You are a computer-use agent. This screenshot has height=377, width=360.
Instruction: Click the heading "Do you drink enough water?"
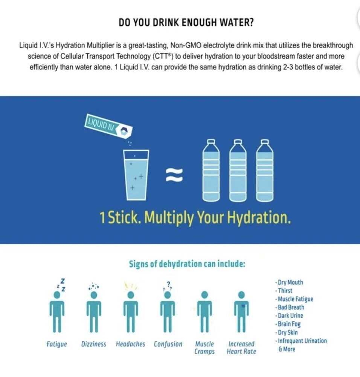click(x=186, y=22)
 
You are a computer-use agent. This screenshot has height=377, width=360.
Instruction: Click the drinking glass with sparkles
click(x=136, y=175)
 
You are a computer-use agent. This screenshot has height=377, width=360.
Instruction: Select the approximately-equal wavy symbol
click(x=174, y=175)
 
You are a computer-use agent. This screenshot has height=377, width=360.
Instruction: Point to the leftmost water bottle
click(x=211, y=170)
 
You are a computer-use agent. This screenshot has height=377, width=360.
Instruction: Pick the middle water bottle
click(x=238, y=170)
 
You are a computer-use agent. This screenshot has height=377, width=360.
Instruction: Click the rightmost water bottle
click(x=265, y=170)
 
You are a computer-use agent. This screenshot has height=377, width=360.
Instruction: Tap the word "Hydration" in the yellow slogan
click(x=259, y=218)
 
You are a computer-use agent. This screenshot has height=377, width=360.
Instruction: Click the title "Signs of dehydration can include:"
click(x=187, y=264)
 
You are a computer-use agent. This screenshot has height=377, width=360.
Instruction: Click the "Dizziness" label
click(x=94, y=344)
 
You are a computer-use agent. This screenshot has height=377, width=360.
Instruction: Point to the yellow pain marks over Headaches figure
click(x=131, y=286)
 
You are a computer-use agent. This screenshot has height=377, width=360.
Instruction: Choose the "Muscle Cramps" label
click(x=204, y=348)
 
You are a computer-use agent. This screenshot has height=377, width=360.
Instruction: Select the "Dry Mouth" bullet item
click(x=289, y=282)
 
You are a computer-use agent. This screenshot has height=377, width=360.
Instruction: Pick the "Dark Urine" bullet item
click(x=289, y=316)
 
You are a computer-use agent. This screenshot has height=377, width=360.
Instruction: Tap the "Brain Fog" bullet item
click(x=288, y=324)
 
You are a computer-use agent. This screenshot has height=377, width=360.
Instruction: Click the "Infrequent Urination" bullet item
click(x=301, y=341)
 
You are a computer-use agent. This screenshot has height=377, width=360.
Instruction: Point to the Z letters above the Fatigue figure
click(x=61, y=285)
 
